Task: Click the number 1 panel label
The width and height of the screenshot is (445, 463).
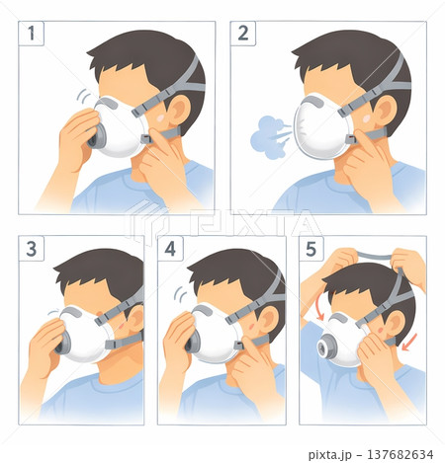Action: [32, 34]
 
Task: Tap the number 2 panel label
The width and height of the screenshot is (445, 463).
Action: [243, 34]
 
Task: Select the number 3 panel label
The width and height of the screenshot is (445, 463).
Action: [32, 249]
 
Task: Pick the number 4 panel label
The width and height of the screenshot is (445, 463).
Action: [170, 249]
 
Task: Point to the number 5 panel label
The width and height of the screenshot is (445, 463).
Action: [311, 249]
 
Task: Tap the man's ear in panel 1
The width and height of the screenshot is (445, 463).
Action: [179, 110]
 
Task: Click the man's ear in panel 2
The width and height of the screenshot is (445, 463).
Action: [385, 111]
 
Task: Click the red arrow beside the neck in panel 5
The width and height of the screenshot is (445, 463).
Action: [409, 343]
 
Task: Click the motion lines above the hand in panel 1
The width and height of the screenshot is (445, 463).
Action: [84, 96]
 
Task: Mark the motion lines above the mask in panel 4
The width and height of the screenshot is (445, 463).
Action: [180, 294]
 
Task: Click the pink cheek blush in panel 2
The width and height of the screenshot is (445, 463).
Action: [366, 118]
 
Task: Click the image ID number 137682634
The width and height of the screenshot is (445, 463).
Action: [400, 455]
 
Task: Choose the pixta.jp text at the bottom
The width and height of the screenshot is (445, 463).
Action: [329, 455]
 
